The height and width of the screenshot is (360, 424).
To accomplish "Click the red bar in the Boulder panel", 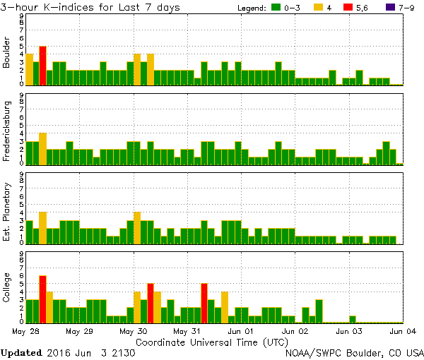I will [x=42, y=66].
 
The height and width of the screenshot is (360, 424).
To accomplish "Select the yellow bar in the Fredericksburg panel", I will [x=42, y=148].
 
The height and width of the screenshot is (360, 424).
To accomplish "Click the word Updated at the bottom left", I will [x=21, y=352].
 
